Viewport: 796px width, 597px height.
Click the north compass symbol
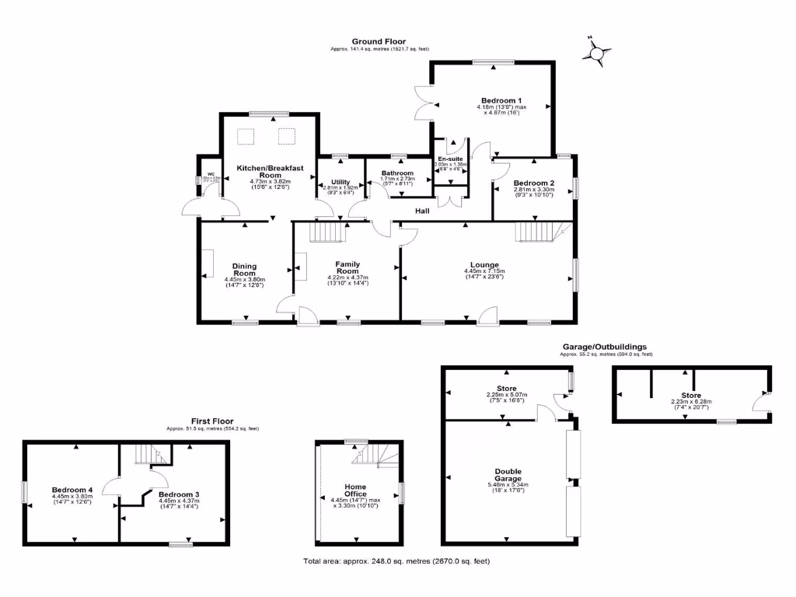point(596,53)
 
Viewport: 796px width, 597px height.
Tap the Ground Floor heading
point(379,42)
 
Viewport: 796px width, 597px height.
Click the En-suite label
point(450,159)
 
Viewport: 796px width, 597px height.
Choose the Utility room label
point(340,182)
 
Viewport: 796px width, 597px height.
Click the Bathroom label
point(396,173)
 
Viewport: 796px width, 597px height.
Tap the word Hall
point(422,211)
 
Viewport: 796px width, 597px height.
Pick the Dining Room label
point(245,270)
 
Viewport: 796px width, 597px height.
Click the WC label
point(210,174)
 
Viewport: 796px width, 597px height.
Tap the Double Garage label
point(508,474)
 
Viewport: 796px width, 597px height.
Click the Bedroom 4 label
point(72,490)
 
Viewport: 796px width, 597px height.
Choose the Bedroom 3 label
point(179,494)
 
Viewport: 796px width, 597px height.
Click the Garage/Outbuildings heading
point(605,347)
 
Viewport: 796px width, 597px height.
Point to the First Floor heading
point(212,421)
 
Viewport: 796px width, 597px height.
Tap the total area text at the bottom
point(396,561)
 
